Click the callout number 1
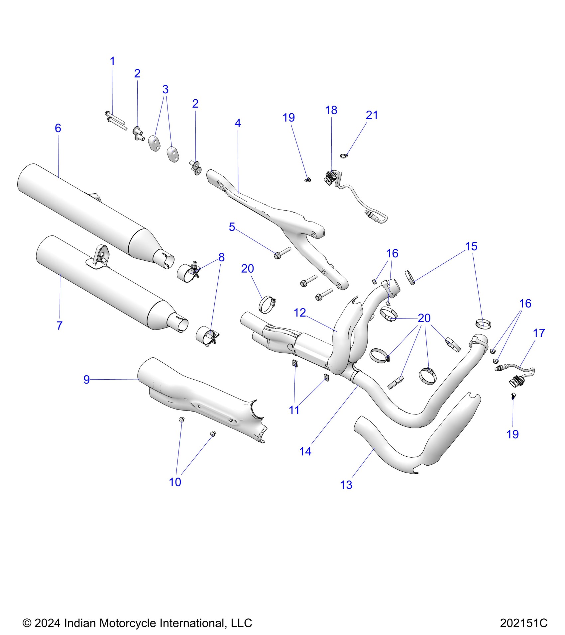pos(112,61)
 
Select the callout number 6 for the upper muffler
pos(58,128)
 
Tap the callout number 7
pos(59,325)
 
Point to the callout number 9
pos(86,379)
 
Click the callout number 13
pos(346,485)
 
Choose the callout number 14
pos(305,451)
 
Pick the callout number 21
pos(372,115)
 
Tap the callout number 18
pos(331,110)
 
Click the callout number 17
pos(539,333)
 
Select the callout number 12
pos(299,313)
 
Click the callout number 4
pos(238,123)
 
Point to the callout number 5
pos(232,227)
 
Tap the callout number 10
pos(175,482)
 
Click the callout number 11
pos(294,410)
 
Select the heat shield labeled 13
pos(415,445)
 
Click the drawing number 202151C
pos(523,623)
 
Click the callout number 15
pos(471,246)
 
